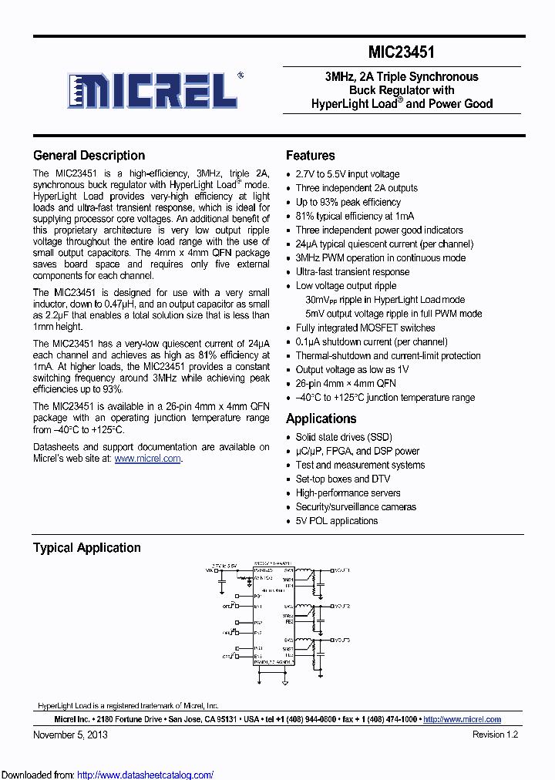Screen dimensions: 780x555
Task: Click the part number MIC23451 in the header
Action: [402, 53]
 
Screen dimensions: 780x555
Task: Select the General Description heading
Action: [89, 156]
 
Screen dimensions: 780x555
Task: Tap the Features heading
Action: [310, 156]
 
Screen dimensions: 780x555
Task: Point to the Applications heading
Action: [321, 419]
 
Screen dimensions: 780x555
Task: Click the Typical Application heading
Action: [86, 548]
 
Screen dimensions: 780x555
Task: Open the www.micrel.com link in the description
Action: [148, 459]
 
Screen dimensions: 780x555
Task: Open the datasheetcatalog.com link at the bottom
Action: [146, 775]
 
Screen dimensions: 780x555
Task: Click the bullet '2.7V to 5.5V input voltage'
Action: [347, 174]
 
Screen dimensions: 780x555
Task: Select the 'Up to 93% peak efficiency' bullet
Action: [348, 202]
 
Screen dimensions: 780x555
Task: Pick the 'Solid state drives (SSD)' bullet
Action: [344, 437]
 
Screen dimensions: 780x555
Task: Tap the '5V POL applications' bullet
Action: [337, 521]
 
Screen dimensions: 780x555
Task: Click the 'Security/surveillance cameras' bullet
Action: [355, 507]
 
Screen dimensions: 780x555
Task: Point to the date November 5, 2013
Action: [70, 735]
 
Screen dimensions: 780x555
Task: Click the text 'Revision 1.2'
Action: [495, 735]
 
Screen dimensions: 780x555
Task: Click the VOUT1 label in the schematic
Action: [341, 570]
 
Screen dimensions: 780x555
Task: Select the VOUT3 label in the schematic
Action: [341, 640]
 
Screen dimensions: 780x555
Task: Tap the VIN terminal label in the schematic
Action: [210, 570]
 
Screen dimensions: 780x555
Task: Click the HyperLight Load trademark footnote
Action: [128, 705]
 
